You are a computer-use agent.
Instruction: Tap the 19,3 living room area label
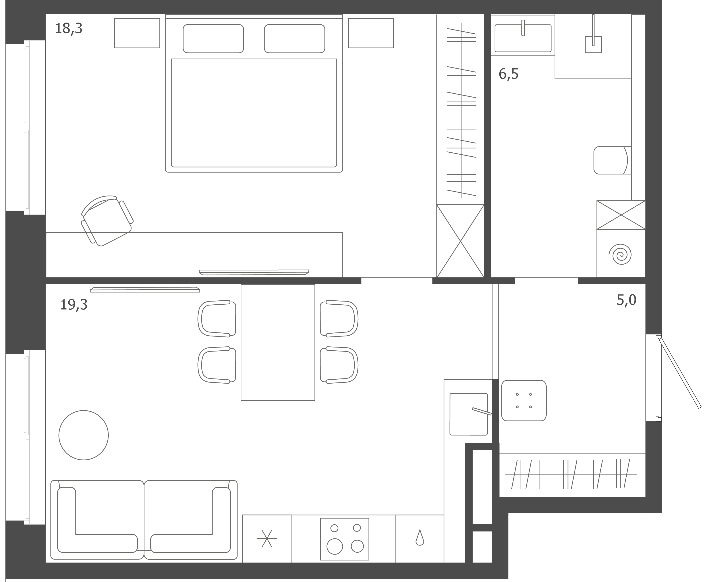pos(74,305)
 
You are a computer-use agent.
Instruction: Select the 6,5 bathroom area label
pos(508,74)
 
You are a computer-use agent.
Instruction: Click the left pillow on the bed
pos(213,38)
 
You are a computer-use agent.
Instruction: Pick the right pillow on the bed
pos(294,38)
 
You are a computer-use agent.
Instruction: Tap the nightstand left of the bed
pos(137,33)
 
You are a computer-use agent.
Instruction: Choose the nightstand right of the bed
pos(371,33)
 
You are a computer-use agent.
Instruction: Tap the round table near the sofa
pos(83,435)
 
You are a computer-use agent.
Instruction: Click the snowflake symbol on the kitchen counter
pos(267,538)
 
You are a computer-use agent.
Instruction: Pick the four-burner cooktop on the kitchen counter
pos(345,539)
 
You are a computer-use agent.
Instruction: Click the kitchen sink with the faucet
pos(469,414)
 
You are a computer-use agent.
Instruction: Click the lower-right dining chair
pos(339,365)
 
